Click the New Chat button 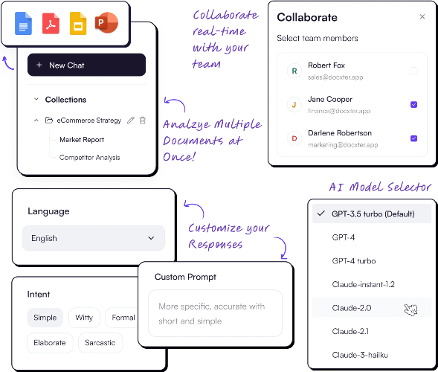(x=86, y=65)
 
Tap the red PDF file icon (x=51, y=24)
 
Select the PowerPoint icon (x=106, y=22)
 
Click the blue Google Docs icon (x=23, y=24)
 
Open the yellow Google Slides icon (x=78, y=24)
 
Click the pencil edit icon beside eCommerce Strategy (x=131, y=121)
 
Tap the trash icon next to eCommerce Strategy (x=143, y=121)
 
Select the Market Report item (x=82, y=139)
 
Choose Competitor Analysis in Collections (x=90, y=157)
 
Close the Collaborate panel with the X (x=422, y=17)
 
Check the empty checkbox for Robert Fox (x=413, y=71)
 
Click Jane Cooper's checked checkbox (x=413, y=104)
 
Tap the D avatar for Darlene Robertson (x=294, y=138)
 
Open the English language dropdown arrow (x=151, y=238)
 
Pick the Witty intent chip (x=84, y=318)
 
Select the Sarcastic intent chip (x=100, y=343)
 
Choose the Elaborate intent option (x=50, y=343)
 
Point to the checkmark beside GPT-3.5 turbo (x=321, y=214)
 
